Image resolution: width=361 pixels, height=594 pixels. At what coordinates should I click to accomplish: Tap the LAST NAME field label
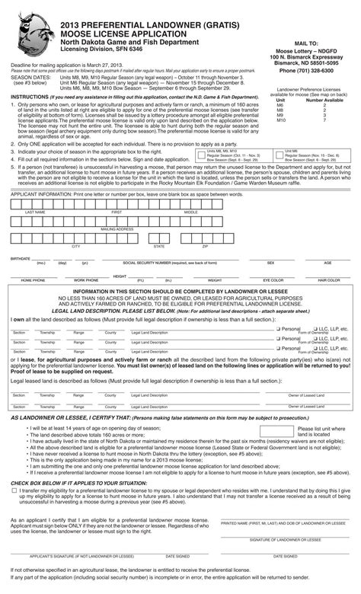[34, 212]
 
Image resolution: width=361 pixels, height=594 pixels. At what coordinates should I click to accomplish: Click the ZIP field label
[204, 247]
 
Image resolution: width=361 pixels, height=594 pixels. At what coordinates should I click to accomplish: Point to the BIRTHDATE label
[21, 259]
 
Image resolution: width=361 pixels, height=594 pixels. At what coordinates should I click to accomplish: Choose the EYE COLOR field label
[273, 280]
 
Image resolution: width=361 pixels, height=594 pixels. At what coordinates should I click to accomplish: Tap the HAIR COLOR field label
[329, 280]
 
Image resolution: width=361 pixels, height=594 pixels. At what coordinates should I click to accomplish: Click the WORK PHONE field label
[85, 280]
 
